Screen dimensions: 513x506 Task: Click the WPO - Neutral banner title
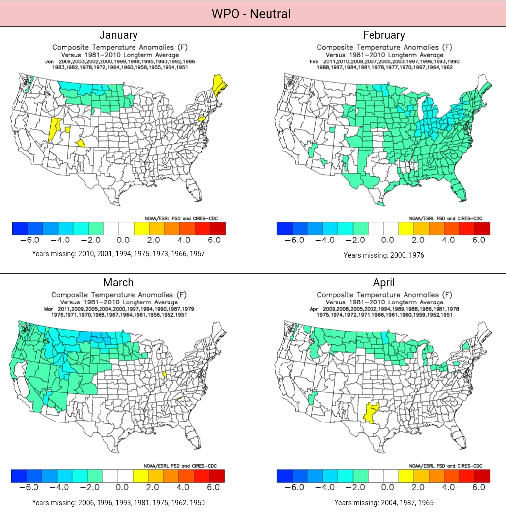251,13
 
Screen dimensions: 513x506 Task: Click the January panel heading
118,35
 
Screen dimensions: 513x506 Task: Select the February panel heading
384,35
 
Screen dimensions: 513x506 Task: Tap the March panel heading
118,282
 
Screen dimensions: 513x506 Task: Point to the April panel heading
384,282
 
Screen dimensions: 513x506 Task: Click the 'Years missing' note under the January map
118,254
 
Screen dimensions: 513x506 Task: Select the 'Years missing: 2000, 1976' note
384,255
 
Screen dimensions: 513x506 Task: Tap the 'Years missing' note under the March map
118,503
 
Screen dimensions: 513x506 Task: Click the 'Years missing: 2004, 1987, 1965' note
384,503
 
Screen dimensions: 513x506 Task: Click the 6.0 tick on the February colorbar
479,240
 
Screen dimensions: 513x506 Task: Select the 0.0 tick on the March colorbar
122,487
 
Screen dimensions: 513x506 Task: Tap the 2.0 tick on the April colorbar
418,487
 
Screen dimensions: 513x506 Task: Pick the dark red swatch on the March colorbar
217,476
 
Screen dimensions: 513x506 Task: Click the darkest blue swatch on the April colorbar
285,476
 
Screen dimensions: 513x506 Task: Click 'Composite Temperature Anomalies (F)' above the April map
384,295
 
